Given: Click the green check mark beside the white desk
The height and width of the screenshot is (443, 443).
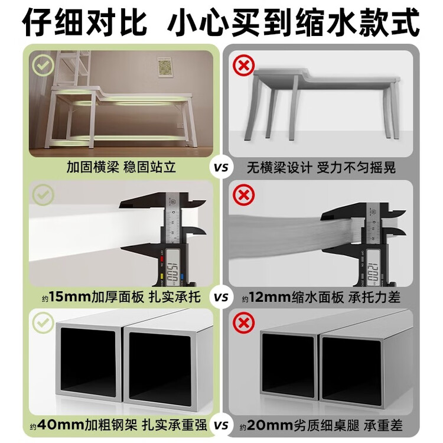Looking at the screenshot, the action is point(43,65).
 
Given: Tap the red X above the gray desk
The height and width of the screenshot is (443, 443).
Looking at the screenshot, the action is point(244,65).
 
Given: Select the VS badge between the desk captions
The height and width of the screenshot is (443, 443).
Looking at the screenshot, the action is point(221,167).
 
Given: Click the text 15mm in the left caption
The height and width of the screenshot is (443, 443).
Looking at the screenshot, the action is point(70,297).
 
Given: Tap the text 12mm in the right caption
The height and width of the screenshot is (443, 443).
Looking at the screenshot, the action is point(270,297).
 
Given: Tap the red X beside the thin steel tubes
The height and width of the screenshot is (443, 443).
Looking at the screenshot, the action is point(244,323).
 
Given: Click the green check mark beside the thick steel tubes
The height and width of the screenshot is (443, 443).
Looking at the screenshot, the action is point(43,323).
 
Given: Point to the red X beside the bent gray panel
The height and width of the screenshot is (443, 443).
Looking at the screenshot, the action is point(244,195).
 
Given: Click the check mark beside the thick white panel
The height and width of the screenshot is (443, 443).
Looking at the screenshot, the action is point(43,195).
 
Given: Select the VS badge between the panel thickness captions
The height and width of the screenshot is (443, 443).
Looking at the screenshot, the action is point(221,297).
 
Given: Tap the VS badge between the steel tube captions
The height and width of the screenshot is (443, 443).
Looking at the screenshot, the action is point(221,425).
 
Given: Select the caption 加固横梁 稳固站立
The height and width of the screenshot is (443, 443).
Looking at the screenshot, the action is point(122,167).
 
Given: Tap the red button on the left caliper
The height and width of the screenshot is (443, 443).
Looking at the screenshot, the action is point(162,258).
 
